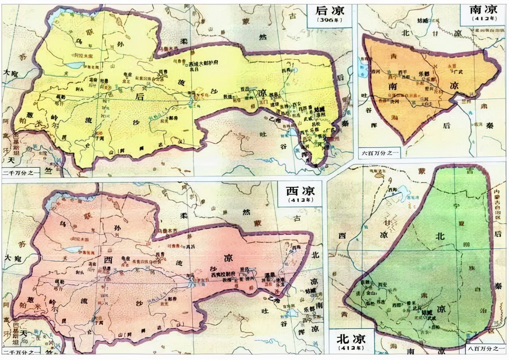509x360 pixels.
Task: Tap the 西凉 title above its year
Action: (300, 191)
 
